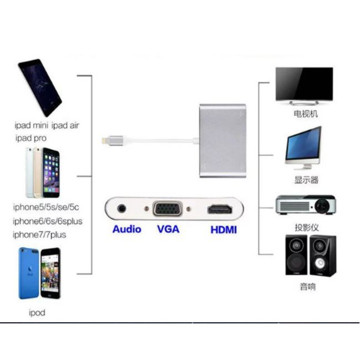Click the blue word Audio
pos(126,229)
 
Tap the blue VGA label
pos(168,229)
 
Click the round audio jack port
pos(123,210)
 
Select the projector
pos(306,205)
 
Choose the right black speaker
pos(322,255)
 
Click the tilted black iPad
pos(39,87)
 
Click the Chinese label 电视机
pos(306,115)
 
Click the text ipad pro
pos(31,138)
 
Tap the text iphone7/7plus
pos(39,235)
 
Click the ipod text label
pos(37,313)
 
